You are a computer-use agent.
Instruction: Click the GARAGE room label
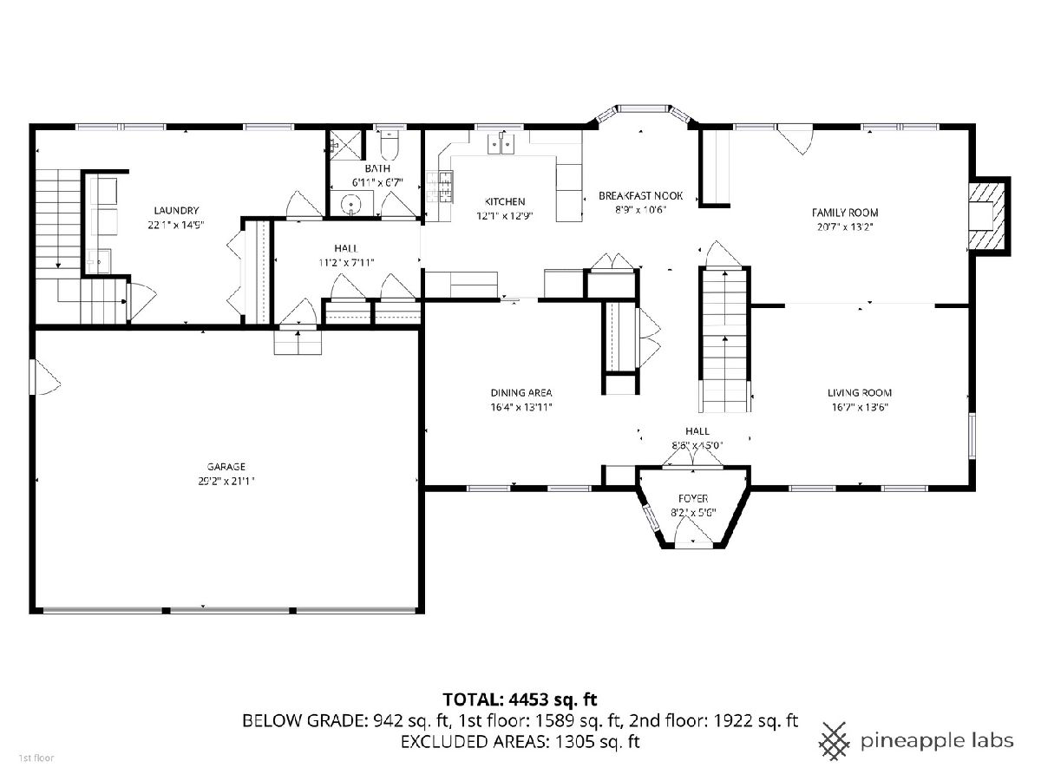[226, 467]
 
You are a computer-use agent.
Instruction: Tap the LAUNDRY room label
[176, 211]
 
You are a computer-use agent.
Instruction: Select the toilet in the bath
[390, 145]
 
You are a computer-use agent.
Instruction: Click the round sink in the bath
[351, 204]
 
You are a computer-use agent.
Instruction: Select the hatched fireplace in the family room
[986, 215]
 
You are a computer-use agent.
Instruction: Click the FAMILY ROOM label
[845, 213]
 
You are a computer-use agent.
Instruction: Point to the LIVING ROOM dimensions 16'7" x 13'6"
[860, 407]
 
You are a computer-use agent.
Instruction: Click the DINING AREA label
[521, 392]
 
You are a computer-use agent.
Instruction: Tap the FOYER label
[693, 498]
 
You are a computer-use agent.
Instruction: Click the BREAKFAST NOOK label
[640, 196]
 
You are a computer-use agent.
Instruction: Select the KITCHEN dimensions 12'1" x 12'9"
[505, 216]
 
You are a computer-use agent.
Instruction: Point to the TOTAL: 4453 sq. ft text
[520, 699]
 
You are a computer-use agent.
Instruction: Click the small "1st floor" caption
[36, 758]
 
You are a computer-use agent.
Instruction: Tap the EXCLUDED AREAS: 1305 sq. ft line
[520, 741]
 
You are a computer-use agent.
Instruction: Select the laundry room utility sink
[98, 261]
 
